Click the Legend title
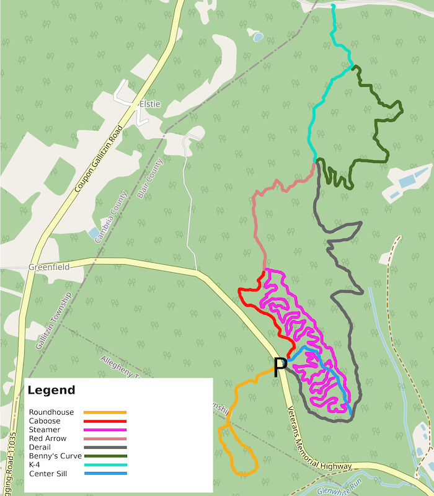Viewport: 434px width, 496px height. click(51, 390)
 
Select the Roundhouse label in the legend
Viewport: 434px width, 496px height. click(51, 412)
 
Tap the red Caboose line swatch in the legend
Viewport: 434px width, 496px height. click(105, 421)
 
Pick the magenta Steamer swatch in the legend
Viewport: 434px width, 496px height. click(105, 430)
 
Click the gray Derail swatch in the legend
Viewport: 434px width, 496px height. click(105, 447)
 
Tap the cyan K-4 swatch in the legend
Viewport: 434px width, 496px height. click(105, 465)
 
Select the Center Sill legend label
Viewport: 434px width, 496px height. click(48, 474)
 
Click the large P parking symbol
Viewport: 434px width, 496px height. click(280, 366)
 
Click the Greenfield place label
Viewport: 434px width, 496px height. click(48, 267)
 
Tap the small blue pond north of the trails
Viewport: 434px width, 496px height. click(257, 37)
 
